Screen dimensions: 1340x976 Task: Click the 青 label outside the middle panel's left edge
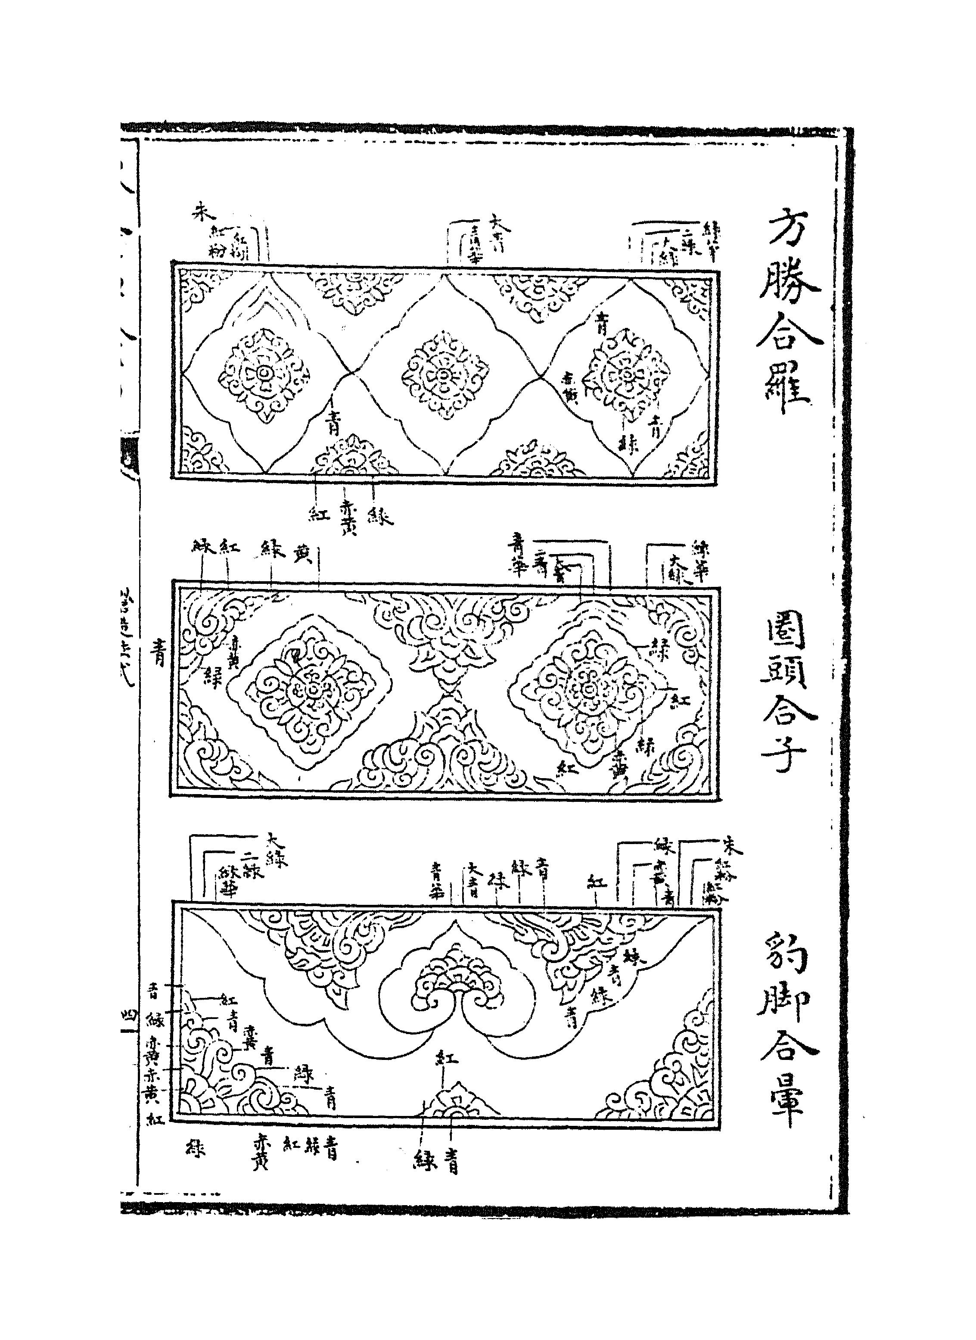[x=159, y=654]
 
